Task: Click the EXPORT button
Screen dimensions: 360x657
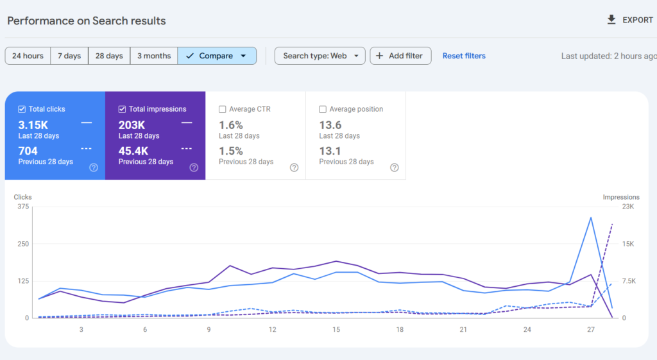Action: [629, 20]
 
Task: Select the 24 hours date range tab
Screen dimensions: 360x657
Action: [28, 56]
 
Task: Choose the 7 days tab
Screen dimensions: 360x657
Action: [69, 56]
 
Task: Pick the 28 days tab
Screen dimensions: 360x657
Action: [109, 56]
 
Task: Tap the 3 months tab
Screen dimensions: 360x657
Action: [153, 56]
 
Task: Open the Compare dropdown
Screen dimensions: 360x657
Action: [217, 56]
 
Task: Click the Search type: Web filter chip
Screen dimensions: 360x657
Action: [320, 56]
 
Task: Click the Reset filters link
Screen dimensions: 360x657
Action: [464, 56]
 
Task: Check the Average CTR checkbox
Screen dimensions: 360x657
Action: [223, 109]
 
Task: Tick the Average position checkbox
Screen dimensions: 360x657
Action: [323, 109]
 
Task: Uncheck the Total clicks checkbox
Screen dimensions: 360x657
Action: [22, 109]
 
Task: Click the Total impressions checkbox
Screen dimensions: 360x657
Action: [123, 109]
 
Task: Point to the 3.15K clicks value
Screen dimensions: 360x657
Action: [33, 125]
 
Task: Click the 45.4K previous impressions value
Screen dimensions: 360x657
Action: [133, 151]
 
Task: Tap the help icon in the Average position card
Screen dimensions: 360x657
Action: [394, 167]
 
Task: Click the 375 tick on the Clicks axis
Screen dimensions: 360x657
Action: [24, 207]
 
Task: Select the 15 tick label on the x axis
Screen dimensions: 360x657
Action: [336, 330]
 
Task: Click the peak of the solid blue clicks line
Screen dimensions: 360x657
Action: [590, 218]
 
